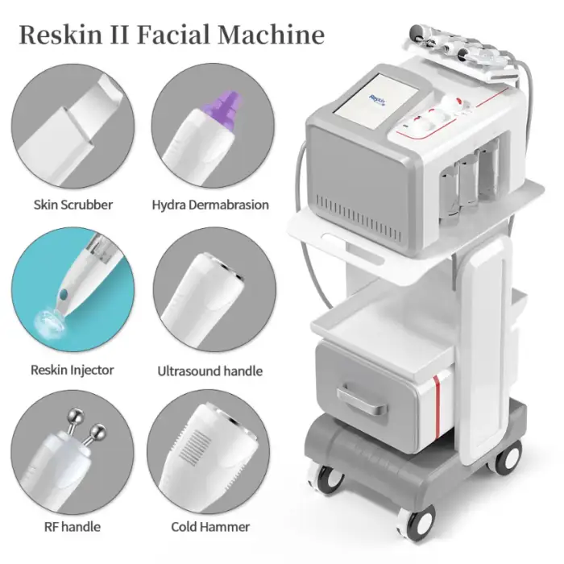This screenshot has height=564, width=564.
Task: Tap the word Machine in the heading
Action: [x=272, y=35]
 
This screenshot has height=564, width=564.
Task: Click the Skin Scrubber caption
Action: [x=73, y=205]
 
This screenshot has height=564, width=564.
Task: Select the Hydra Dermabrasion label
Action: [x=210, y=205]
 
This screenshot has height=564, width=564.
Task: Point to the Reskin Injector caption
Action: [x=73, y=370]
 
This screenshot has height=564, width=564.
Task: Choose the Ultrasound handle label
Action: [x=210, y=371]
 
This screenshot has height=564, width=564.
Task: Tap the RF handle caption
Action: [x=73, y=527]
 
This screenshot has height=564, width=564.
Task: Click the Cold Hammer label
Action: [x=210, y=527]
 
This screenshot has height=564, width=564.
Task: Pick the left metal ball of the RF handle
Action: [x=76, y=417]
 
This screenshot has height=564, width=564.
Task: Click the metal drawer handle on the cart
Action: [x=362, y=400]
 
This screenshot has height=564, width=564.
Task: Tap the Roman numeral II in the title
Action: [x=119, y=35]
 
